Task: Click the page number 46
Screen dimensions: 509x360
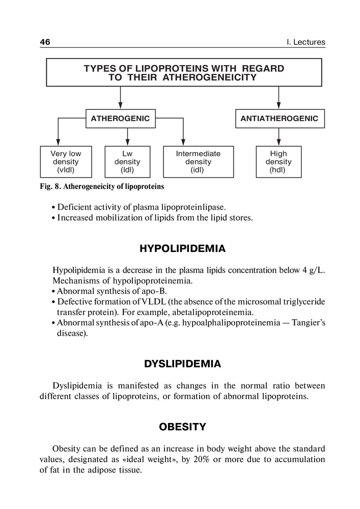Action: tap(45, 42)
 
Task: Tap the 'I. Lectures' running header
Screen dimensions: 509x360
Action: tap(306, 42)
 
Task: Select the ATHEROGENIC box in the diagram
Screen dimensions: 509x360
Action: tap(120, 119)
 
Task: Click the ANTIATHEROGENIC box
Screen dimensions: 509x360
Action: tap(279, 119)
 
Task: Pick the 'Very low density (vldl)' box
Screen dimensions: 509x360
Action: tap(66, 162)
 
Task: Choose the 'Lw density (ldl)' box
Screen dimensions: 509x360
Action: tap(127, 162)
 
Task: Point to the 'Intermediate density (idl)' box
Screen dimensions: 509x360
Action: tap(198, 162)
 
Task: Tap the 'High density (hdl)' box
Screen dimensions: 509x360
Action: tap(279, 162)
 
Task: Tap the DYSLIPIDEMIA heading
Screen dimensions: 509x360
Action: tap(182, 364)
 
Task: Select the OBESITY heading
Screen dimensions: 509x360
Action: tap(182, 427)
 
